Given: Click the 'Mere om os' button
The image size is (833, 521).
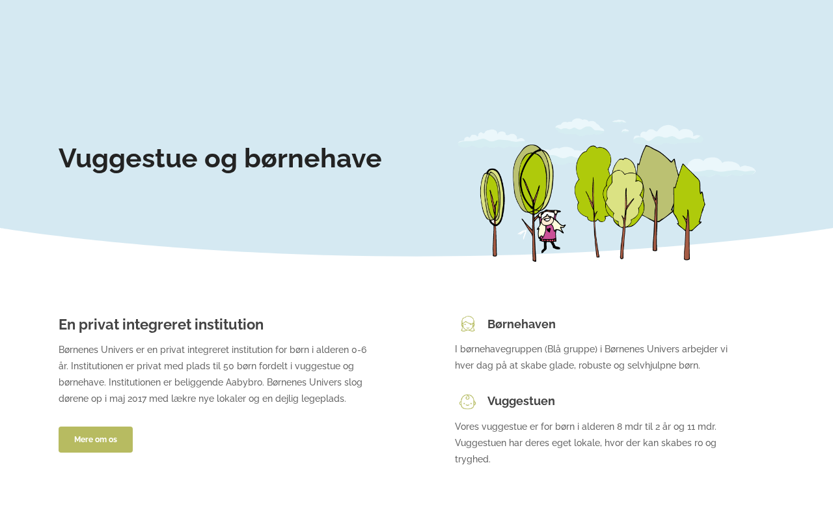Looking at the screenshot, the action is (x=96, y=440).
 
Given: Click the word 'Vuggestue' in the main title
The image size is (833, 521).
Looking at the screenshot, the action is (x=128, y=159).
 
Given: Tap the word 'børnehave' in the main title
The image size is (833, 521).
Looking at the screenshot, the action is (x=313, y=158).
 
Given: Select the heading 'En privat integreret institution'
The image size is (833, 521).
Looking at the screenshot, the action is (x=161, y=324).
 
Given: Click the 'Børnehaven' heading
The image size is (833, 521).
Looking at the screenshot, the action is (x=521, y=324).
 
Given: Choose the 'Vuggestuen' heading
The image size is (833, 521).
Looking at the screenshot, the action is (x=521, y=401).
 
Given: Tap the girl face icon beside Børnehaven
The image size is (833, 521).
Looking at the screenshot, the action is (x=468, y=324).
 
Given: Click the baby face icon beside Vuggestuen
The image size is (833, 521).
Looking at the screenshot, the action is (x=467, y=402).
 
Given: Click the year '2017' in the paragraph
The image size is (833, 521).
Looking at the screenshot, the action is (x=137, y=399).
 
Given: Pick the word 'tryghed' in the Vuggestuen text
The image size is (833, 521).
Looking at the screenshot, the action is (x=472, y=460).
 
